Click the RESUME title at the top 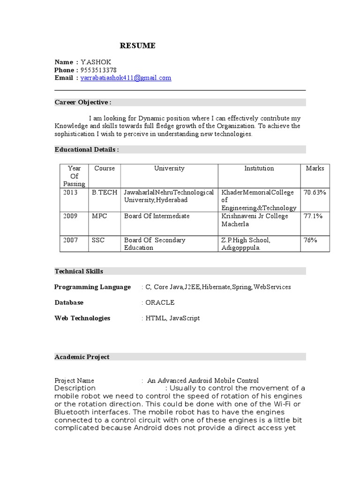[137, 45]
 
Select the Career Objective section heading [83, 102]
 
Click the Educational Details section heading [86, 149]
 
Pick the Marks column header [315, 168]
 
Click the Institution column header [259, 168]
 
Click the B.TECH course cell [105, 192]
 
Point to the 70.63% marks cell [315, 192]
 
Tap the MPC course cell [99, 216]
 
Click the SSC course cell [98, 240]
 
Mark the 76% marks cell [310, 240]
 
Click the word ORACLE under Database [160, 302]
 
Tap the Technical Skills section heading [79, 271]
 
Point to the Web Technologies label [82, 318]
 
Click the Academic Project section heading [82, 357]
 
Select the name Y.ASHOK [96, 62]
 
